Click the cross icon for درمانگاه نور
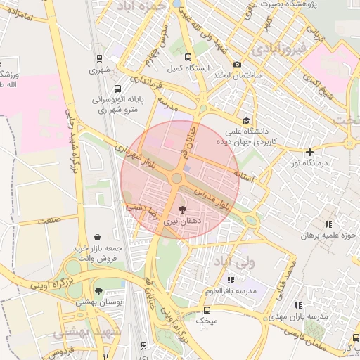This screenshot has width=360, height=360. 309,151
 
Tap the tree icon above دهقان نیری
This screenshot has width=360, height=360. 183,209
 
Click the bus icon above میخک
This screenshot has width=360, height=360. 207,309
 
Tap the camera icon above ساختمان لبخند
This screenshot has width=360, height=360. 237,64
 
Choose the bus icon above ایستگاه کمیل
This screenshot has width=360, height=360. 187,58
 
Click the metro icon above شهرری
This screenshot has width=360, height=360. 99,58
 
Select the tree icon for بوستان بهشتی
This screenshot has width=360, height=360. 98,290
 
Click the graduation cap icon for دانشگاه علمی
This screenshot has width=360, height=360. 245,120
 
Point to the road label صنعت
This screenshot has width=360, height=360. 49,221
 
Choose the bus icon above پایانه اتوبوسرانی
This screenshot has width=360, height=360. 117,89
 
